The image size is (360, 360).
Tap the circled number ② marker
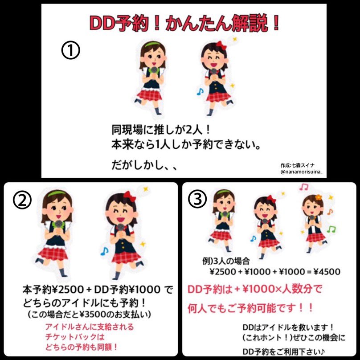click(22, 200)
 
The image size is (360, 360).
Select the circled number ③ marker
click(197, 199)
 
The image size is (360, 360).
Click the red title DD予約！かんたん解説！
click(184, 23)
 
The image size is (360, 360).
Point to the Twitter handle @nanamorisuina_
click(301, 172)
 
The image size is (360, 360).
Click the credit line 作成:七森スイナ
click(298, 165)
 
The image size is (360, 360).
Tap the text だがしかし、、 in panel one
click(144, 165)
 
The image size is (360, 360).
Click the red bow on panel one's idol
click(221, 45)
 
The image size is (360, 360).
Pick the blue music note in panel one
click(200, 92)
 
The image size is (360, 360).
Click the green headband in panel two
click(57, 194)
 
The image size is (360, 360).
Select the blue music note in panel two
click(104, 251)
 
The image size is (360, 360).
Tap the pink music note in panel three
click(304, 187)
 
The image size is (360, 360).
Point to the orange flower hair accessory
click(319, 197)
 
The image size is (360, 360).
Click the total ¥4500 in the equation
click(327, 272)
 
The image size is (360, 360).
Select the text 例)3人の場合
click(226, 261)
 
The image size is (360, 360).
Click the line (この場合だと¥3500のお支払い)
click(90, 314)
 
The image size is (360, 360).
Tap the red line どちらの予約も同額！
click(82, 347)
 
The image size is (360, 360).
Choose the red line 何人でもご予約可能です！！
click(250, 308)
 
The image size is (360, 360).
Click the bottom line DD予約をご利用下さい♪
click(284, 351)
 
